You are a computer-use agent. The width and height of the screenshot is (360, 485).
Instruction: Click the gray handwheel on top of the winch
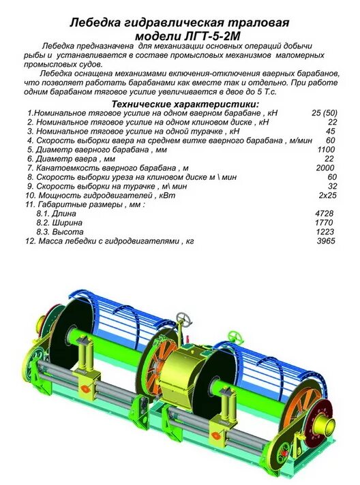pyautogui.click(x=182, y=319)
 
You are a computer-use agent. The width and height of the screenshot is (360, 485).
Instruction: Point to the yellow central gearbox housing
pyautogui.click(x=184, y=368)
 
